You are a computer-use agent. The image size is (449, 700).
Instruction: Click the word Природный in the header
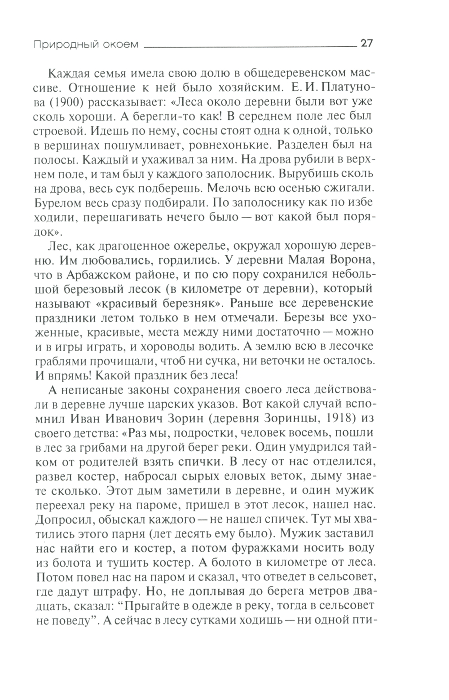click(x=57, y=44)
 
